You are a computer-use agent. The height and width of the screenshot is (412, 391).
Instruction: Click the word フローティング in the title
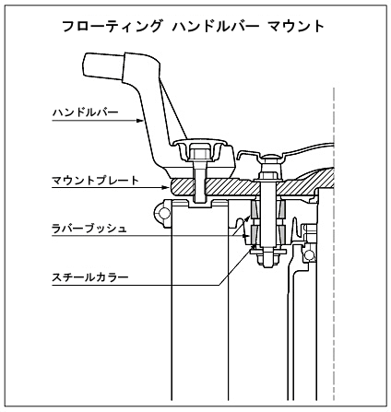coord(112,26)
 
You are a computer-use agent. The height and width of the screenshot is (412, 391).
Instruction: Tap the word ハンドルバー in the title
coord(216,26)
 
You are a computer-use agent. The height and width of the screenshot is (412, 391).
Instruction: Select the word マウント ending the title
coord(296,26)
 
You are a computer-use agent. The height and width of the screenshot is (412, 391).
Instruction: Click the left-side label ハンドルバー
coord(86,112)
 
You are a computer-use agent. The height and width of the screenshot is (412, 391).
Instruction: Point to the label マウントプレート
coord(96,181)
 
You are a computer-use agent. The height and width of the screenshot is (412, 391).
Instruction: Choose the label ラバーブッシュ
coord(89,229)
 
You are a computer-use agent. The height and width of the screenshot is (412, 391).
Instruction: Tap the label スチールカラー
coord(90,277)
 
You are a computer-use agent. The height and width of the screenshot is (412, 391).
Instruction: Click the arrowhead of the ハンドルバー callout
coord(140,121)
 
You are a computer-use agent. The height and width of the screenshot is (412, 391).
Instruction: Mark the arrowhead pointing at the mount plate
coord(166,187)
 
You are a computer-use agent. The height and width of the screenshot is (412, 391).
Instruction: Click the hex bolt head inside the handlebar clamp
coord(200,152)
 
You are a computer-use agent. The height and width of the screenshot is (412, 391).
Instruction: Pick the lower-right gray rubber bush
coord(282,235)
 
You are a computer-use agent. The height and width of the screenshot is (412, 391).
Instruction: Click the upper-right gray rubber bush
coord(282,210)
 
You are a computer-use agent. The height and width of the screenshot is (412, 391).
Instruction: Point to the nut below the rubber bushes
coord(269,260)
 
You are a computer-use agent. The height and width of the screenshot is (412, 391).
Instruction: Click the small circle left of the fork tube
coord(164,213)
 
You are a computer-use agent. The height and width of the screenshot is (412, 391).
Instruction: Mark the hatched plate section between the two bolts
coord(231,186)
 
